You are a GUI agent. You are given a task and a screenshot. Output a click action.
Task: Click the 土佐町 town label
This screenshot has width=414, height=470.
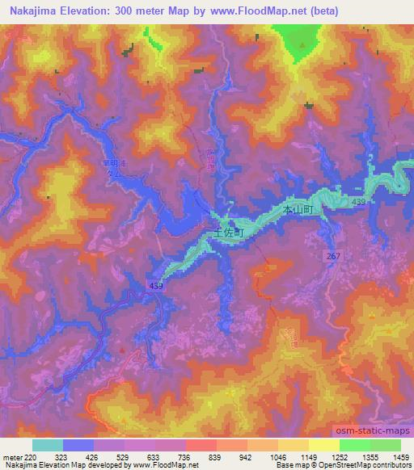(x=229, y=230)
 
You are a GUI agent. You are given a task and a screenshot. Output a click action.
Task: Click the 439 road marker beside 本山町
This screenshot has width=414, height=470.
(x=359, y=201)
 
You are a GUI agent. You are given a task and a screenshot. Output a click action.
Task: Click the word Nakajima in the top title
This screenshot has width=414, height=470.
(x=32, y=10)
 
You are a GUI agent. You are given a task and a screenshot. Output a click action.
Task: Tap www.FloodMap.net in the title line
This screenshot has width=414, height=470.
(x=256, y=10)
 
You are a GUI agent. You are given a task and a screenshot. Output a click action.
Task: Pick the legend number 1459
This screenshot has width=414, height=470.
(x=401, y=456)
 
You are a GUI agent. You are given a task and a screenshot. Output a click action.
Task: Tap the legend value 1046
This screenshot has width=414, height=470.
(x=279, y=456)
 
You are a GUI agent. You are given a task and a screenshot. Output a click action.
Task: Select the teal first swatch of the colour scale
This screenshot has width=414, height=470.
(x=48, y=445)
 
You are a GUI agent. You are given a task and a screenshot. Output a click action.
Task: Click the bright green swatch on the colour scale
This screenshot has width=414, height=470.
(x=355, y=445)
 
